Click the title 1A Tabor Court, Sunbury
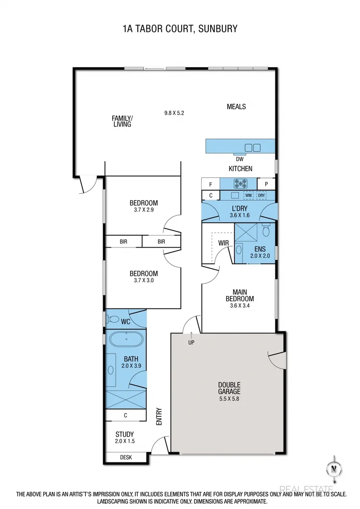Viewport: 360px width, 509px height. (180, 29)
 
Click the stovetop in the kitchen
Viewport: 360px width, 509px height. (240, 183)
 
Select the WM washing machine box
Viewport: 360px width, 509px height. (249, 195)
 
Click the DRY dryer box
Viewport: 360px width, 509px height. (262, 195)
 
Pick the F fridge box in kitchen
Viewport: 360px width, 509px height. (210, 184)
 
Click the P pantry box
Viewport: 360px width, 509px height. (266, 184)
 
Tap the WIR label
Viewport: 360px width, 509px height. (223, 243)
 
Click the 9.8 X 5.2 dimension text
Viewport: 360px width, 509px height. (174, 113)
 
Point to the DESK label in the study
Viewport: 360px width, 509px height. (126, 458)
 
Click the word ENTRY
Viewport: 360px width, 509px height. (159, 416)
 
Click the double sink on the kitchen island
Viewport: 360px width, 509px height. (252, 147)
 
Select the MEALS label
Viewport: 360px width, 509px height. (236, 107)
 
